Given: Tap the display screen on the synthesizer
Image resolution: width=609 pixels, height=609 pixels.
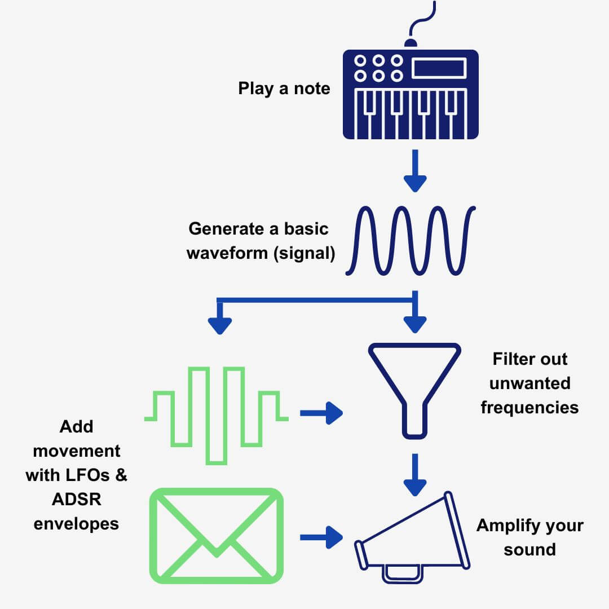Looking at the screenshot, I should coord(439,68).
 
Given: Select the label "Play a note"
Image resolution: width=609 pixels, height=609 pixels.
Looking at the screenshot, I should coord(284,89).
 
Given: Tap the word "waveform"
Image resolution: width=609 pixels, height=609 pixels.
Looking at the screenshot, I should coord(227,253).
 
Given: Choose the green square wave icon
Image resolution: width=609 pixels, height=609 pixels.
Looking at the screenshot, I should coord(217,415).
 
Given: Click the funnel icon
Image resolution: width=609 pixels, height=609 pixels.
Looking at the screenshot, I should coord(414,383).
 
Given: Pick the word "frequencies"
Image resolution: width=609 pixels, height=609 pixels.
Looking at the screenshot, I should coord(529,407).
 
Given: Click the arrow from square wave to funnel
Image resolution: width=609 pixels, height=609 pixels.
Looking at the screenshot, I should coord(321,413).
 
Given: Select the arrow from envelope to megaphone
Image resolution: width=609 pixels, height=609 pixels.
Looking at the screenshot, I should coord(321,537).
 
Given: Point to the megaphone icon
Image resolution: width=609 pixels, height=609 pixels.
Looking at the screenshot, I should coord(414,536).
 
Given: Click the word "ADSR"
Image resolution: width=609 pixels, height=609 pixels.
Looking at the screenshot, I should coord(76,499).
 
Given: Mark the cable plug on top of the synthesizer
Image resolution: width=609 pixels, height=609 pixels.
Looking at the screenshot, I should coord(411,43).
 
